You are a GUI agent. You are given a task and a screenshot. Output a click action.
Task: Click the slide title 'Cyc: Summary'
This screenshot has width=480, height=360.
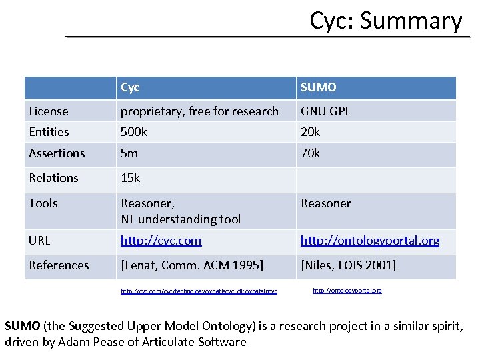click(x=385, y=21)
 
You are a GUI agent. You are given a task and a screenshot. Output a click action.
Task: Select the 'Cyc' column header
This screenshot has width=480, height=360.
click(x=131, y=87)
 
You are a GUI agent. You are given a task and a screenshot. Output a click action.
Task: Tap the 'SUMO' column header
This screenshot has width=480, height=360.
click(x=319, y=87)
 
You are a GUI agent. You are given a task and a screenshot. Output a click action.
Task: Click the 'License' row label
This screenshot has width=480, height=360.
click(x=49, y=111)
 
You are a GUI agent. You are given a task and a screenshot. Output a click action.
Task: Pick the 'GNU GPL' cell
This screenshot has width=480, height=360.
click(x=325, y=111)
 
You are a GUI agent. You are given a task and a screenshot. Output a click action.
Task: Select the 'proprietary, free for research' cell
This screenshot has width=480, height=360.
click(x=199, y=111)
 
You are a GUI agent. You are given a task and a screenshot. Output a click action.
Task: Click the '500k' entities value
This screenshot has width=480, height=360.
click(x=134, y=132)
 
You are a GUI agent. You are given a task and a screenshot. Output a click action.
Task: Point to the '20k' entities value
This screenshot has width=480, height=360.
click(x=311, y=132)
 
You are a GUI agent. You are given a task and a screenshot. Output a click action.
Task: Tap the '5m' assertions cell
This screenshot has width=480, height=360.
click(x=129, y=153)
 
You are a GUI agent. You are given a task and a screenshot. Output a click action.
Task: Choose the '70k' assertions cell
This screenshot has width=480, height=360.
click(x=311, y=153)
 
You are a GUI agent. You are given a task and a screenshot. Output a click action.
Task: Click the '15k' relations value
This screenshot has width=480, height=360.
click(x=131, y=178)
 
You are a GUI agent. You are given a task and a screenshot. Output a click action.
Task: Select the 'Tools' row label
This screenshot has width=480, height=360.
click(x=43, y=203)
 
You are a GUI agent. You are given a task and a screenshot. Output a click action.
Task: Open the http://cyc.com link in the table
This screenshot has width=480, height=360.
click(x=161, y=241)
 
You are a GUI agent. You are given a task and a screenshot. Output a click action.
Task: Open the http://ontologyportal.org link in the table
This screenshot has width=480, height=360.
click(x=369, y=241)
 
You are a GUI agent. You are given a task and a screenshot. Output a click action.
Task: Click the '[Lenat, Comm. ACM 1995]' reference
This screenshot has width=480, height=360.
click(x=192, y=265)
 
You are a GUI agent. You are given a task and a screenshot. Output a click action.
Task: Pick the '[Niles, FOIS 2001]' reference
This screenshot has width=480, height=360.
click(x=348, y=265)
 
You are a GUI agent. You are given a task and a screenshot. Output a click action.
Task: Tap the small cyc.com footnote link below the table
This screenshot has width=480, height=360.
click(x=199, y=291)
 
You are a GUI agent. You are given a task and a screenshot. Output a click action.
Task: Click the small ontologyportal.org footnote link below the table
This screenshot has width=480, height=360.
click(x=347, y=291)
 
